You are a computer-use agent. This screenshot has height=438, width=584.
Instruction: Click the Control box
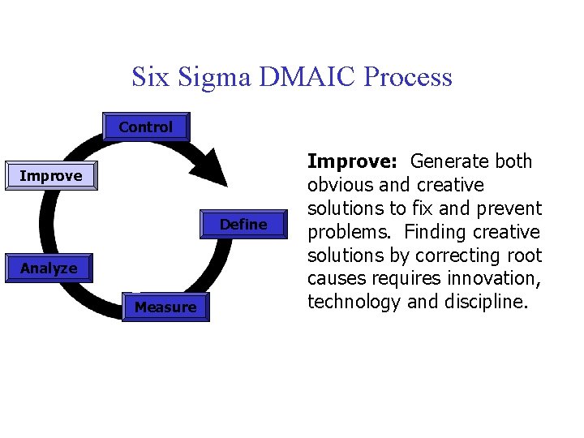click(x=146, y=127)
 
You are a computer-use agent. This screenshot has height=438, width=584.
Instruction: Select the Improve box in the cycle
click(x=50, y=176)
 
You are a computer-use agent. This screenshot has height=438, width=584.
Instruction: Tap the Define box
click(x=243, y=225)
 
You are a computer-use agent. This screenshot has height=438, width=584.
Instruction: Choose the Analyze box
click(x=49, y=268)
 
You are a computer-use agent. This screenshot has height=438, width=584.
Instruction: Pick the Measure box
click(x=165, y=307)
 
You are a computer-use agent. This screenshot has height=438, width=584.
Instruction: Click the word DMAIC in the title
click(x=309, y=77)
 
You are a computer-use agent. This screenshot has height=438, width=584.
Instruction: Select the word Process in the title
click(x=409, y=77)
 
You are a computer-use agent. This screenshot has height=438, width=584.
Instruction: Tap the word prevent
click(x=509, y=208)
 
